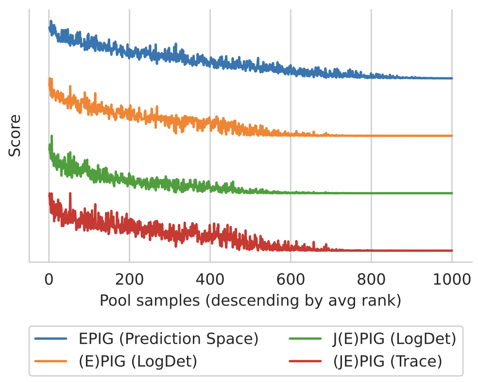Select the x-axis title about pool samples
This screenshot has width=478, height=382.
250,301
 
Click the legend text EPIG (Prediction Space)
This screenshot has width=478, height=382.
168,339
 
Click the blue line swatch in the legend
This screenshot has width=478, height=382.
51,339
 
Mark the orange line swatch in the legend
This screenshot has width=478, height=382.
51,362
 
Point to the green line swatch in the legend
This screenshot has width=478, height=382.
305,339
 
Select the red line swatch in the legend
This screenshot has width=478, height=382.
305,362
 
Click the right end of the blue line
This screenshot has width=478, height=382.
452,78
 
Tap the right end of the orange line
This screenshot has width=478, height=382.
452,136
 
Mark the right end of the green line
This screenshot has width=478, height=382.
452,193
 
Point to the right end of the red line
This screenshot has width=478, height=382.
452,251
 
